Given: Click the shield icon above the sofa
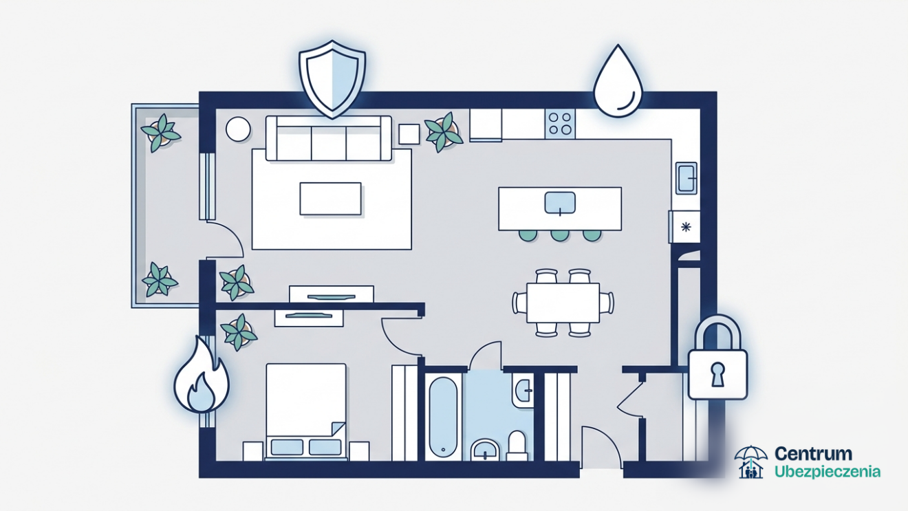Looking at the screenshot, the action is [332, 79].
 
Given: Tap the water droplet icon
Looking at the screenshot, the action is [618, 81].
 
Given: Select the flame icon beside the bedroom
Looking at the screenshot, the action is [202, 375].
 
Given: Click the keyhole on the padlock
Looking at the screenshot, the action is [718, 374].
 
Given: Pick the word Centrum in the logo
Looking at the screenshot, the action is [813, 454].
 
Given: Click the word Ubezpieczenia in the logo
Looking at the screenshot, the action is [828, 472].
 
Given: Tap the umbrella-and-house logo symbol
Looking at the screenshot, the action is [750, 462].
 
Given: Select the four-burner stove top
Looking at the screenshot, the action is [560, 124].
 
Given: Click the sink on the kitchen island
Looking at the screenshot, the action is [560, 203].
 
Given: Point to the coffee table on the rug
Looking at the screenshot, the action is [330, 199].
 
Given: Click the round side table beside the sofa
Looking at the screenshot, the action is [238, 129].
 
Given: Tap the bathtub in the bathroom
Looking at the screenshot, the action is [443, 417].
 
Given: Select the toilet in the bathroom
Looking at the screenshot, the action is [517, 446].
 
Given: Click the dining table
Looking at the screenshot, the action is [563, 303].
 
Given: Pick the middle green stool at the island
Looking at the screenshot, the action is [560, 235].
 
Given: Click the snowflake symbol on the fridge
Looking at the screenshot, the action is [686, 227].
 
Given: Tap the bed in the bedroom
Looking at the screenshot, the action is [306, 411].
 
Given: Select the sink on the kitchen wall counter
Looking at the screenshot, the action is [687, 177].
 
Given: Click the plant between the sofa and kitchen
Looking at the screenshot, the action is [444, 132].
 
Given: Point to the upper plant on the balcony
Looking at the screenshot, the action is [160, 133].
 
